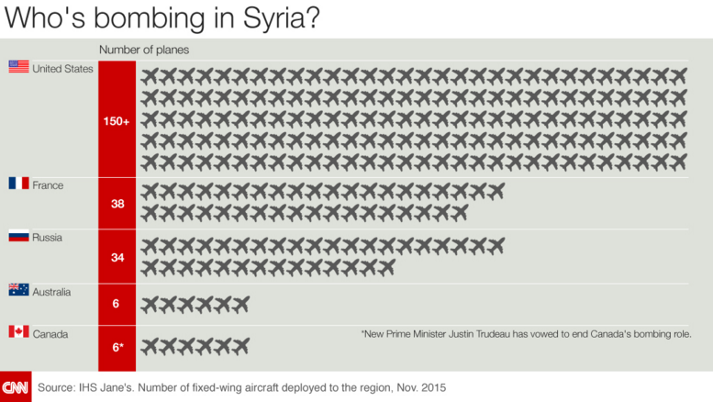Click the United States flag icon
18,66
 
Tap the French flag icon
18,184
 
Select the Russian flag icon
18,237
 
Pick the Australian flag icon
18,290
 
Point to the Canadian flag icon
18,331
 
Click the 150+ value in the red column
117,120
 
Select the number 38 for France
117,204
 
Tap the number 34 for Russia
117,257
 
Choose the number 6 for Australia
117,304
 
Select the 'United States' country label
62,68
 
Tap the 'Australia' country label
55,292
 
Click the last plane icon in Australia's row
240,304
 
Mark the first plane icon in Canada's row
150,345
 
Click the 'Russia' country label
48,238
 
